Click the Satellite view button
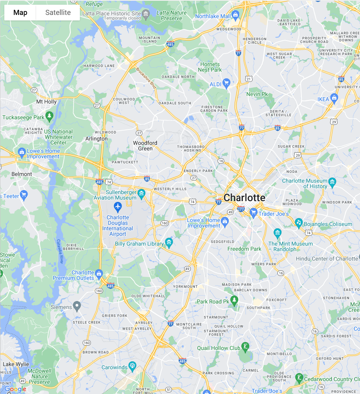coord(58,13)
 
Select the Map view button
coord(20,13)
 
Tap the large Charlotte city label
coord(244,197)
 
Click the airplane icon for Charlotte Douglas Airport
coord(118,206)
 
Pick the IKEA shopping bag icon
coord(334,97)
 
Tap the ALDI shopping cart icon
coord(226,83)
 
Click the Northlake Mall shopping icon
coord(235,16)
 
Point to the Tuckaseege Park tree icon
coord(49,116)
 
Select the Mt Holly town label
coord(46,102)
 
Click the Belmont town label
coord(22,174)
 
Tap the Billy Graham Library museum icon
coord(169,242)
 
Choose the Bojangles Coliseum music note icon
coord(299,223)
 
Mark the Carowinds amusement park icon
coord(132,366)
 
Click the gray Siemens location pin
coord(77,305)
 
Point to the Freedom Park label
coord(244,249)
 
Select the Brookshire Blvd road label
coord(146,78)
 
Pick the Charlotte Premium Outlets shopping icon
coord(99,273)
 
